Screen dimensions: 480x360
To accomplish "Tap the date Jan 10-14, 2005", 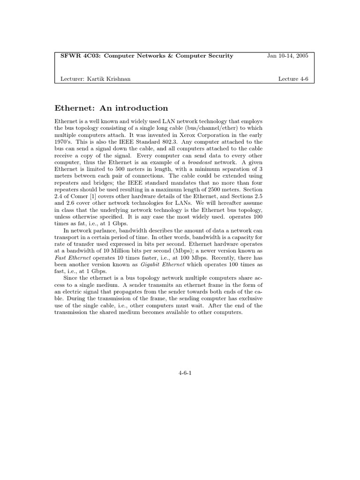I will [287, 56].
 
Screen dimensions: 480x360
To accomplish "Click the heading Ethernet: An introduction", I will [111, 108].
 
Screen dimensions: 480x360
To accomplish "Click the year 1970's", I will [63, 142].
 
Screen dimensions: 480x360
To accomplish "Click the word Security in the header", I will [216, 56].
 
